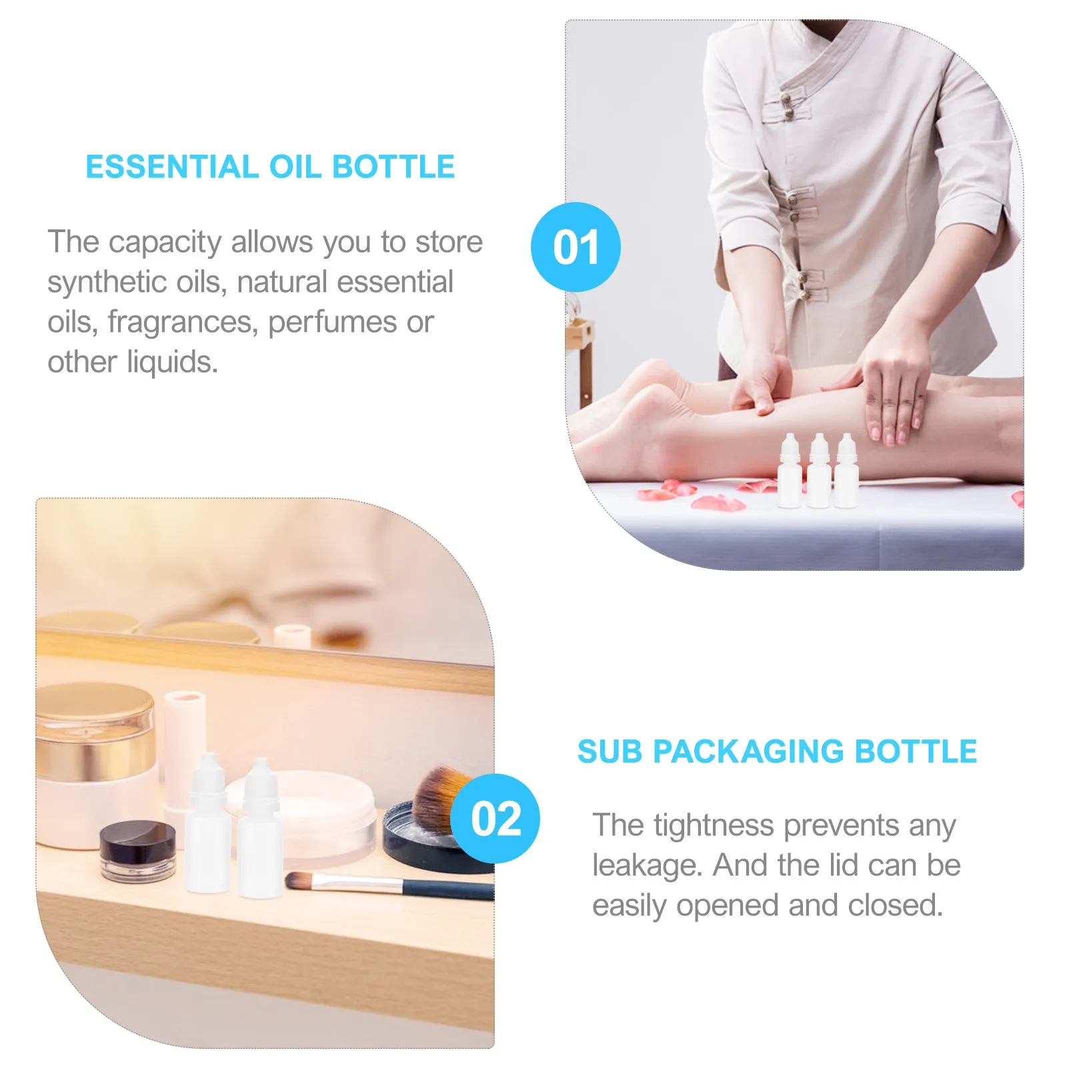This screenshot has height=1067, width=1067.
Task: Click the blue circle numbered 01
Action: pos(576,247)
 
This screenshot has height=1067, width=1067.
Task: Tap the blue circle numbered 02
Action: pos(495,818)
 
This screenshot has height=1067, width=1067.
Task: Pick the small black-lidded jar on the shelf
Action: pos(138,849)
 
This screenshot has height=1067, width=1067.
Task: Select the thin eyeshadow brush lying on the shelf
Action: pos(387,884)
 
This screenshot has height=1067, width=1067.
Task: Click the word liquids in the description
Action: pos(172,362)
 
